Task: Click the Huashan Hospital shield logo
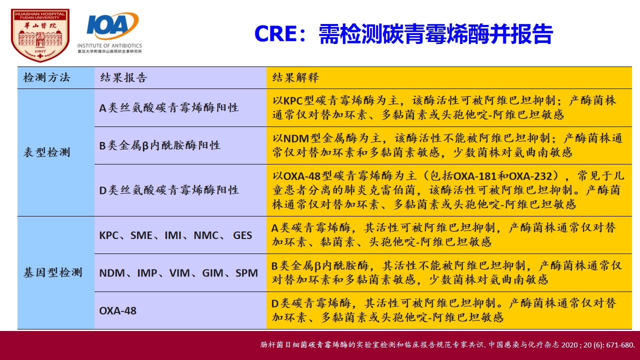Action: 40,35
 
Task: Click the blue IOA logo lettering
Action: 107,25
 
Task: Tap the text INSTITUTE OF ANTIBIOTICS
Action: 109,45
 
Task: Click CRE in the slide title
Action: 275,34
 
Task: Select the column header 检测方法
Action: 47,77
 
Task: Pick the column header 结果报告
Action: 123,77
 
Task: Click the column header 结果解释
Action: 295,77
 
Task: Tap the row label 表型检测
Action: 47,152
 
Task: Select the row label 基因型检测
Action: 53,272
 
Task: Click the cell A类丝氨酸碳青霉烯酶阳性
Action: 169,107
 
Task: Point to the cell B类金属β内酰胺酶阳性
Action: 159,145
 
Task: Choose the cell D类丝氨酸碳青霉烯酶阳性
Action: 169,190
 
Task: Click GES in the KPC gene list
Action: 242,235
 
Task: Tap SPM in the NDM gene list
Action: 246,273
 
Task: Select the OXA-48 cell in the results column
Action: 117,311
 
